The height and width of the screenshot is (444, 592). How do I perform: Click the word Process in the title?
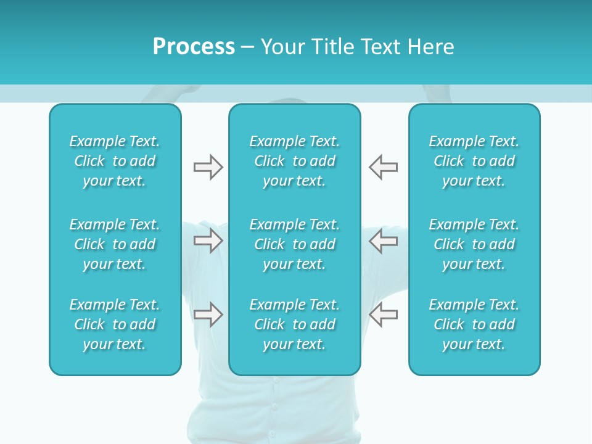click(x=194, y=47)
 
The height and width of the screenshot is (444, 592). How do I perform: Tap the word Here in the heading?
click(x=432, y=47)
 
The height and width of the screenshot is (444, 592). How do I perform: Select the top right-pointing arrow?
click(x=208, y=167)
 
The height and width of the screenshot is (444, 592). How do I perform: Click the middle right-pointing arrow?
click(x=208, y=240)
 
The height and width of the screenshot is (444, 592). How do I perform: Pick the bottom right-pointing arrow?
click(x=208, y=314)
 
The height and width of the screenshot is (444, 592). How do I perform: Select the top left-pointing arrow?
click(x=384, y=167)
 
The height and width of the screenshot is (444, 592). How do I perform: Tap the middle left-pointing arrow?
click(x=384, y=240)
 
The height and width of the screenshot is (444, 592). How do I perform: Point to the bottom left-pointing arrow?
click(x=384, y=314)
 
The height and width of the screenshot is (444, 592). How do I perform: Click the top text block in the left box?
click(x=115, y=161)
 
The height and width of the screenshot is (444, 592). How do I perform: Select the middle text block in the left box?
click(x=115, y=244)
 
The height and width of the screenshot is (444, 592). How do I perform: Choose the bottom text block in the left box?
click(x=115, y=324)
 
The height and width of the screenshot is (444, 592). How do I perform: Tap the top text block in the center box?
click(x=295, y=161)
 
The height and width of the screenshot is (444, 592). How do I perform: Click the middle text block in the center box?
click(x=295, y=244)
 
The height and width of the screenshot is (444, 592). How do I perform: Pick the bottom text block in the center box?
click(x=295, y=324)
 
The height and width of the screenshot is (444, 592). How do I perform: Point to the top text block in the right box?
click(x=474, y=161)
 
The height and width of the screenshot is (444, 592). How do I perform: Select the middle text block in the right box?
click(x=474, y=244)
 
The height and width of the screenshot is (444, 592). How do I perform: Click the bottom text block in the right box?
click(x=474, y=324)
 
